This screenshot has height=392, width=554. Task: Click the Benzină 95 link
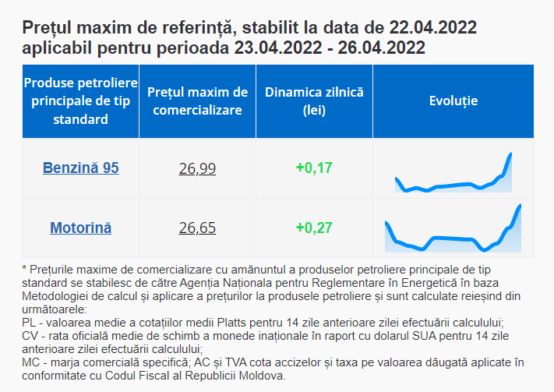click(81, 168)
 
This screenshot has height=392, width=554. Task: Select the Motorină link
click(81, 228)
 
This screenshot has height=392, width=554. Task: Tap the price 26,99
click(197, 168)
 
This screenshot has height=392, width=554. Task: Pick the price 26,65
click(197, 228)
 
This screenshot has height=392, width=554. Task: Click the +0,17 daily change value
click(314, 168)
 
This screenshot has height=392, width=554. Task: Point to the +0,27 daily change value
click(314, 228)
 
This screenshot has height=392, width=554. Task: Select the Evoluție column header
click(453, 101)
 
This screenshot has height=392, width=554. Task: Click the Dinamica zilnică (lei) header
click(314, 101)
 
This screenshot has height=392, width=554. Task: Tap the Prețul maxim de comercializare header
click(197, 101)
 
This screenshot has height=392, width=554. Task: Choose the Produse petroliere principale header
click(81, 101)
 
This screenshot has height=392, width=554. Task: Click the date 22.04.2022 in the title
click(433, 28)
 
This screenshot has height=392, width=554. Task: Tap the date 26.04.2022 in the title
click(381, 48)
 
